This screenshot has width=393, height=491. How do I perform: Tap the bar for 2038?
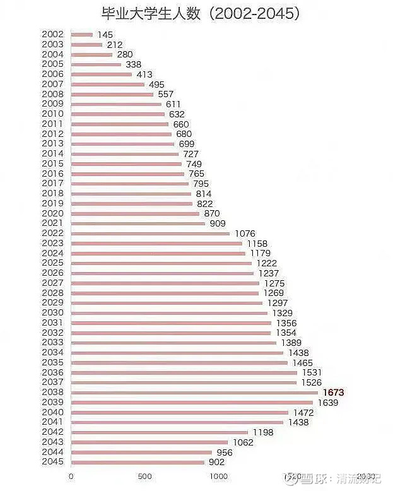tap(194, 393)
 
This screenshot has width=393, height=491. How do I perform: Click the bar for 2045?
tap(138, 462)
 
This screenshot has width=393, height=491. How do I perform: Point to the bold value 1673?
tap(333, 393)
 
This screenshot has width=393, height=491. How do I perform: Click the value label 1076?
tap(245, 234)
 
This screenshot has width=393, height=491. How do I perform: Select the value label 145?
tap(105, 34)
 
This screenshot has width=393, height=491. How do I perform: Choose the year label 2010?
tap(53, 114)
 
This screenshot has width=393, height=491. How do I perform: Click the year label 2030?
tap(53, 313)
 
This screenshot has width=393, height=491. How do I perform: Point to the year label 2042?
tap(53, 432)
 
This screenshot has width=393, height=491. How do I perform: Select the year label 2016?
tap(53, 174)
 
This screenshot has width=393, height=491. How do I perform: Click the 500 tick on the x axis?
tap(145, 476)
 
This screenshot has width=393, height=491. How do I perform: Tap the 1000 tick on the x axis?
tap(219, 476)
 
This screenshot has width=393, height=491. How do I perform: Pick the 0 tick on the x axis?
tap(71, 476)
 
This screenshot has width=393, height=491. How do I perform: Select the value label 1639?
tap(328, 403)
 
